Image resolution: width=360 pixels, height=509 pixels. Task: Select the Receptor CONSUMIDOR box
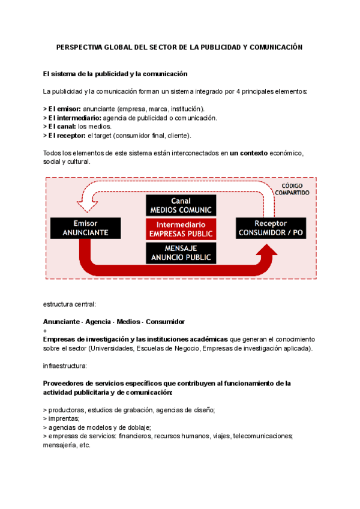coord(270,228)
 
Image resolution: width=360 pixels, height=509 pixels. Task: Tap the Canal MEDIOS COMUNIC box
coord(181,205)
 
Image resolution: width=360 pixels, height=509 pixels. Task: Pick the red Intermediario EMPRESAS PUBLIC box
coord(181,228)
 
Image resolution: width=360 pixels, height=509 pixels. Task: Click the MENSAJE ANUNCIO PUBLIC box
coord(181,252)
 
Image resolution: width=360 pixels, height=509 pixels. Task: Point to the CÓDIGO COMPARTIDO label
coord(292,189)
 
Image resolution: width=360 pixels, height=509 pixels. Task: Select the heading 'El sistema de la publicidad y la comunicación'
coord(115,74)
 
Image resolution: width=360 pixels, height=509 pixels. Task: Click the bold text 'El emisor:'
coord(62,109)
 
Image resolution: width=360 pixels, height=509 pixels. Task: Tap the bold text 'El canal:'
coord(61,127)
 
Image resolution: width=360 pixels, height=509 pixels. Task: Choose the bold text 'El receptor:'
coord(65,136)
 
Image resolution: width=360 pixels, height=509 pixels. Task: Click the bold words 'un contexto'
coord(249,153)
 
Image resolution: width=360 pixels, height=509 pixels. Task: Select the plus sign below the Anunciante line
coord(46,331)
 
